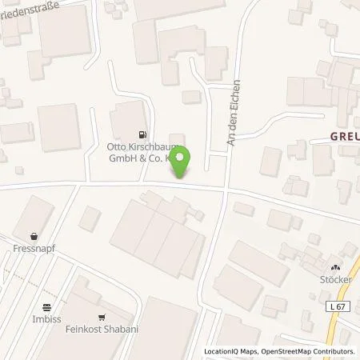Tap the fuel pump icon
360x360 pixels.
(x=142, y=134)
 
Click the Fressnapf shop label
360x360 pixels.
(x=34, y=250)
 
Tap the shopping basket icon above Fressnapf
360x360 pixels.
(x=34, y=237)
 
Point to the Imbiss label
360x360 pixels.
(x=47, y=318)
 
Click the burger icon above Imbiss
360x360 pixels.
(x=47, y=306)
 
